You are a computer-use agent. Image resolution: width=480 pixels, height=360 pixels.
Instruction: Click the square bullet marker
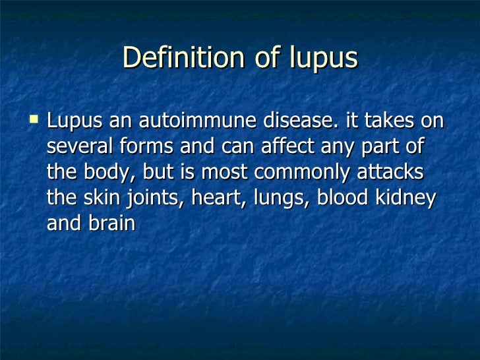34,121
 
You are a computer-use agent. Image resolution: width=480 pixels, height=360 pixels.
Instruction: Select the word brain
111,224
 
